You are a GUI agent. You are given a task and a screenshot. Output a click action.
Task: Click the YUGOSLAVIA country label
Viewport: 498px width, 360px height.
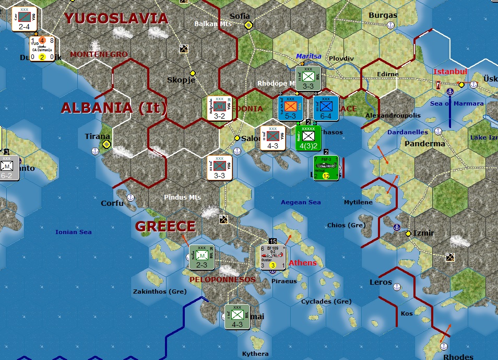(x=116, y=19)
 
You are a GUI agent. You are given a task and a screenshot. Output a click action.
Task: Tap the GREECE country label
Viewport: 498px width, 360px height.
(x=165, y=226)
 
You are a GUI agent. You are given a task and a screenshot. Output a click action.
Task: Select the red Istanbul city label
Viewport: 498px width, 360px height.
(x=450, y=71)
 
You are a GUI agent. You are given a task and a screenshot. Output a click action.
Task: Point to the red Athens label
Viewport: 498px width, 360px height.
(x=303, y=263)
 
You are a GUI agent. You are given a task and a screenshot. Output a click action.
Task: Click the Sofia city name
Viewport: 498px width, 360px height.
(x=240, y=16)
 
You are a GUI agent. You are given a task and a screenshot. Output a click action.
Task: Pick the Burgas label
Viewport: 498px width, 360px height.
(x=383, y=15)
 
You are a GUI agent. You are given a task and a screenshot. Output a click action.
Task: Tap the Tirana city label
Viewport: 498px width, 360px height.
(x=98, y=136)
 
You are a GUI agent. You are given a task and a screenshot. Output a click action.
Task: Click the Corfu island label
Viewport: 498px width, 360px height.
(x=112, y=203)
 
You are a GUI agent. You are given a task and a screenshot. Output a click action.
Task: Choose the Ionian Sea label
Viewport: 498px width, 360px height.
(x=74, y=232)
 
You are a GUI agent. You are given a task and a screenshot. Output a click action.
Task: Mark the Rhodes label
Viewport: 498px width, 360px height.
(x=458, y=357)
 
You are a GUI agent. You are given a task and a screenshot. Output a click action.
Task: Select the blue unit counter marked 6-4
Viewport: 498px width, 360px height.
(x=326, y=109)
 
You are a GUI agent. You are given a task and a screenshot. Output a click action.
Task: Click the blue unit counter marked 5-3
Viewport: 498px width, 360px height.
(x=291, y=109)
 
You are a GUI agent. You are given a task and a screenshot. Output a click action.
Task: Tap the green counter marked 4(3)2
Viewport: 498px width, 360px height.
(x=309, y=138)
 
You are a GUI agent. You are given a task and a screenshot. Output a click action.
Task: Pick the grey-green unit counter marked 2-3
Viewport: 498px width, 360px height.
(x=202, y=257)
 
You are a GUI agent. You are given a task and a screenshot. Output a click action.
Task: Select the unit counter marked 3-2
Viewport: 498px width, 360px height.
(x=220, y=109)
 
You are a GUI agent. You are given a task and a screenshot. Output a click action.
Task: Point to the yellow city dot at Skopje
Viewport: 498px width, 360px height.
(x=193, y=73)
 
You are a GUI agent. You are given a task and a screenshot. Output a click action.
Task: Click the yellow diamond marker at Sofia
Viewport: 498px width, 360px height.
(x=249, y=25)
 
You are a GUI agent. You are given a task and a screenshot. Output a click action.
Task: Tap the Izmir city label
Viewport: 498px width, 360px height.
(x=423, y=233)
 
